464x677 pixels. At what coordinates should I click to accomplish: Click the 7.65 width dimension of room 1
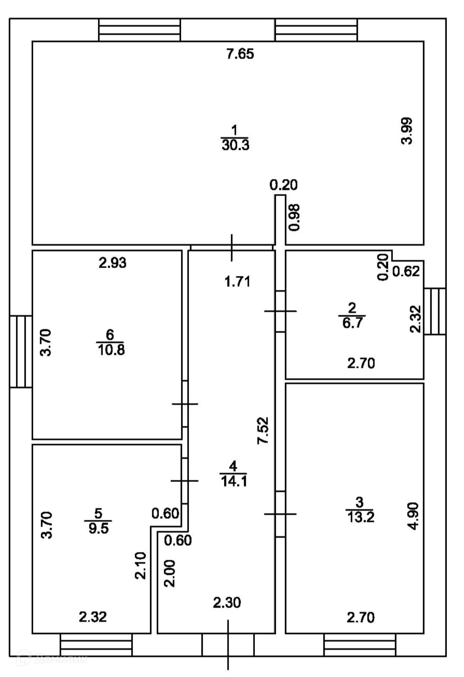point(240,54)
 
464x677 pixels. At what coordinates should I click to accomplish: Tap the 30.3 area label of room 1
point(235,145)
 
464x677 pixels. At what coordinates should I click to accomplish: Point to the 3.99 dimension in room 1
point(407,131)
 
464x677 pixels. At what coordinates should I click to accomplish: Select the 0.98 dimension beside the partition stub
point(294,218)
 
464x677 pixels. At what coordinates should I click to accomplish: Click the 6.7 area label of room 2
point(352,323)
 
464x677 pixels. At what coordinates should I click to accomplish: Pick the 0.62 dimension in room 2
point(406,271)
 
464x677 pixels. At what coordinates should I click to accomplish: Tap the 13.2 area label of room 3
point(361,518)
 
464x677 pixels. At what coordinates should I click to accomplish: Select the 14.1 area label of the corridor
point(234,481)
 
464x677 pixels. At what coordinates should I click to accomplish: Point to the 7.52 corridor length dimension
point(263,431)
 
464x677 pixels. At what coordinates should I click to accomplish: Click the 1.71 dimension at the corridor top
point(238,282)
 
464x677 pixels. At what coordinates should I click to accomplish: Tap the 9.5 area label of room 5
point(99,529)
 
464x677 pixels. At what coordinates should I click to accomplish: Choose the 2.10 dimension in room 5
point(141,565)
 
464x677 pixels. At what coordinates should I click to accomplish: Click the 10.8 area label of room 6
point(111,350)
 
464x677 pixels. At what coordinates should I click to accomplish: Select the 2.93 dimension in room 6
point(113,263)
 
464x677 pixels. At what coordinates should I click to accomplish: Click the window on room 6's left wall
point(21,352)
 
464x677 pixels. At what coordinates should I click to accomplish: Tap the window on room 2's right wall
point(435,311)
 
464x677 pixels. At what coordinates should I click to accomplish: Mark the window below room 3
point(360,645)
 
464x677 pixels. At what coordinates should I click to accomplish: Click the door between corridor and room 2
point(280,311)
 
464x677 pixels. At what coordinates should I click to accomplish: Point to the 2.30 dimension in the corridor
point(227,602)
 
